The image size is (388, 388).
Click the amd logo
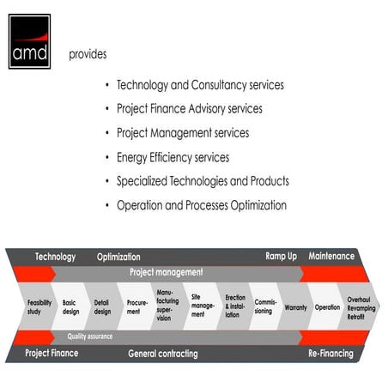click(30, 40)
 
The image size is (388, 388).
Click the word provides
click(88, 54)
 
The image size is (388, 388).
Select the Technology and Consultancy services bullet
click(200, 86)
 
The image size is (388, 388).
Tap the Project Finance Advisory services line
click(189, 109)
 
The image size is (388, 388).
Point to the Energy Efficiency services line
click(173, 158)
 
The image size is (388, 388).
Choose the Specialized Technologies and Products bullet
click(203, 181)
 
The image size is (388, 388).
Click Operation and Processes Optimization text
click(201, 205)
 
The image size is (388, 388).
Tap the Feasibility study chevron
click(39, 306)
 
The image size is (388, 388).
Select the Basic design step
click(70, 306)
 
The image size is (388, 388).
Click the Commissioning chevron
click(265, 306)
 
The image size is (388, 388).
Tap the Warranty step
click(295, 306)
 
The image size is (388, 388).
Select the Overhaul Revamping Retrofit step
click(358, 306)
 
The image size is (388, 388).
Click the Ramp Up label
click(281, 257)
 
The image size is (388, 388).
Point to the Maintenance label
click(331, 257)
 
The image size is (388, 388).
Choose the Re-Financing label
click(330, 353)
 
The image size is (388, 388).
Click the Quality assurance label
click(90, 336)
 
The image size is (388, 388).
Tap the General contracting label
click(163, 353)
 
